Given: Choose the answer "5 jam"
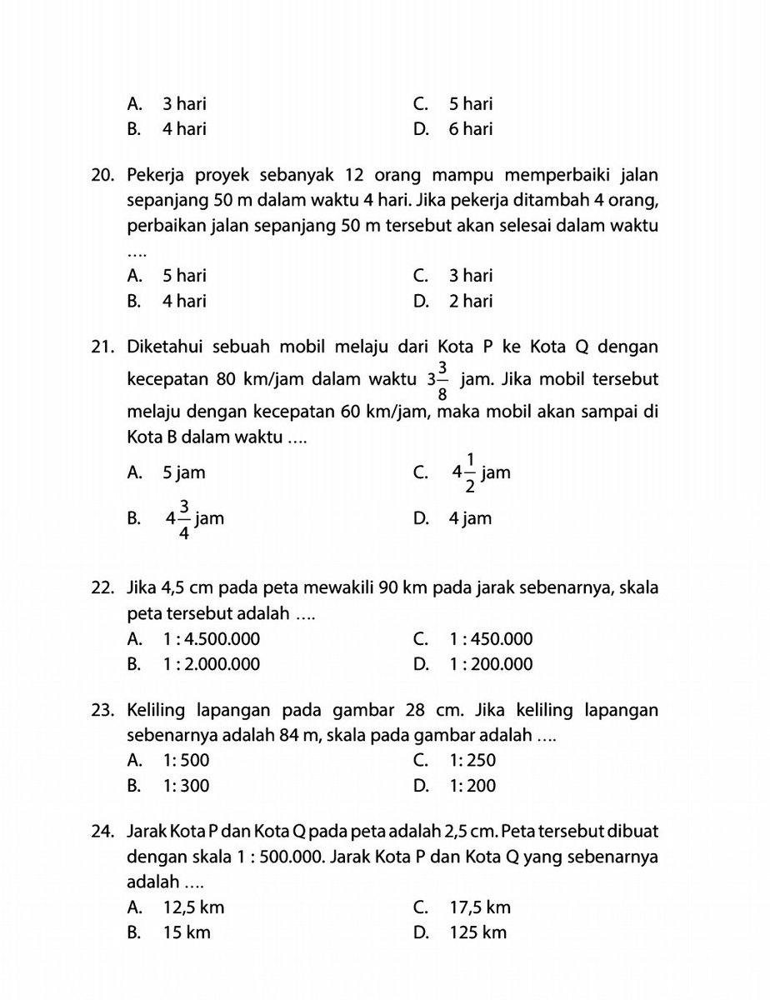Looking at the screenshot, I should point(183,473).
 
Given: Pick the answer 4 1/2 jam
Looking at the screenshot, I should point(480,473).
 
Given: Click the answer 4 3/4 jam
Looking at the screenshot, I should point(194,519).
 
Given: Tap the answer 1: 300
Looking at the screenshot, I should point(186,785).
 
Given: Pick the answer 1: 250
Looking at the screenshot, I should point(472,760).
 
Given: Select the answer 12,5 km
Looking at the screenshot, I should point(193,907).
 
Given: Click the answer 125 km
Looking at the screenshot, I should point(477,932).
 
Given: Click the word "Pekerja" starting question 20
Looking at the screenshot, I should point(155,175).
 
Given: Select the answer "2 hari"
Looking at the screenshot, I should point(470,300).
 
